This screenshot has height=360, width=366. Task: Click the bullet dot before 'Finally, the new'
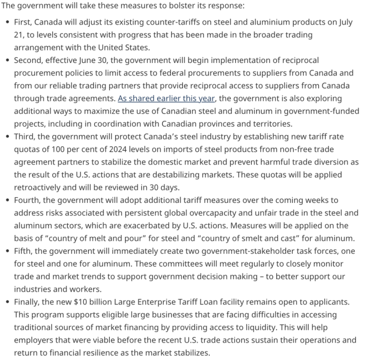point(7,302)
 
